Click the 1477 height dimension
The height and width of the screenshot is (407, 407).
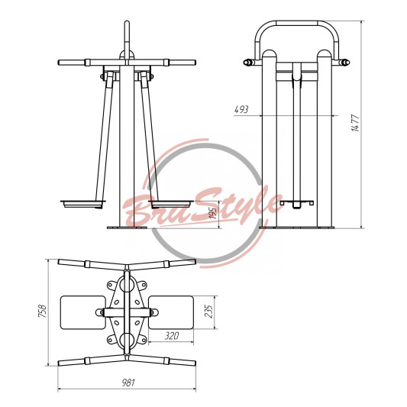coord(356,123)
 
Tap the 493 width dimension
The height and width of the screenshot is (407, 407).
coord(241,109)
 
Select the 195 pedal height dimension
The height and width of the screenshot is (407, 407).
coord(213,213)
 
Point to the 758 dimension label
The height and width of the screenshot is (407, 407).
coord(43,311)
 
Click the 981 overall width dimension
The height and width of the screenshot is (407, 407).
coord(128,383)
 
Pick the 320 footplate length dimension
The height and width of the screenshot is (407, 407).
coord(172,336)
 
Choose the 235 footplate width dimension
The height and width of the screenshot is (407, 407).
coord(208,312)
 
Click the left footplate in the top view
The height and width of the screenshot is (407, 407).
coord(83,312)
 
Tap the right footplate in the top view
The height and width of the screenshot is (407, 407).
coord(171,312)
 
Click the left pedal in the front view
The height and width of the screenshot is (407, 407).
coord(83,204)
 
